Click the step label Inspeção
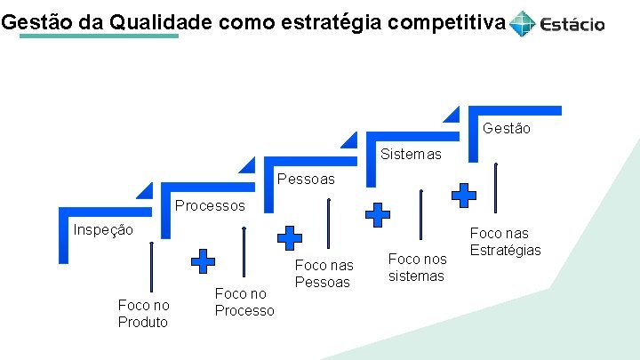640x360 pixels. click(103, 230)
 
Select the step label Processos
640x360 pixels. click(210, 205)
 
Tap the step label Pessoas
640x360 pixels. click(307, 180)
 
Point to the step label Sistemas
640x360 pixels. click(411, 154)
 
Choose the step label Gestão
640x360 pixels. click(507, 128)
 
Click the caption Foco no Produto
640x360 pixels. click(143, 313)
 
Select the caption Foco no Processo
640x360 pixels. click(244, 302)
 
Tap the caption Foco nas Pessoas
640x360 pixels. click(324, 273)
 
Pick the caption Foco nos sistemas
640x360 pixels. click(417, 267)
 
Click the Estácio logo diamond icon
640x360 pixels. click(524, 23)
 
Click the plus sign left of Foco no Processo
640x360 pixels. click(204, 261)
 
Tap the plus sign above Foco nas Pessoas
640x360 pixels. click(289, 237)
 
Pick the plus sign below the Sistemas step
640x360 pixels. click(379, 214)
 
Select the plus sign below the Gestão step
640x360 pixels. click(464, 196)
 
